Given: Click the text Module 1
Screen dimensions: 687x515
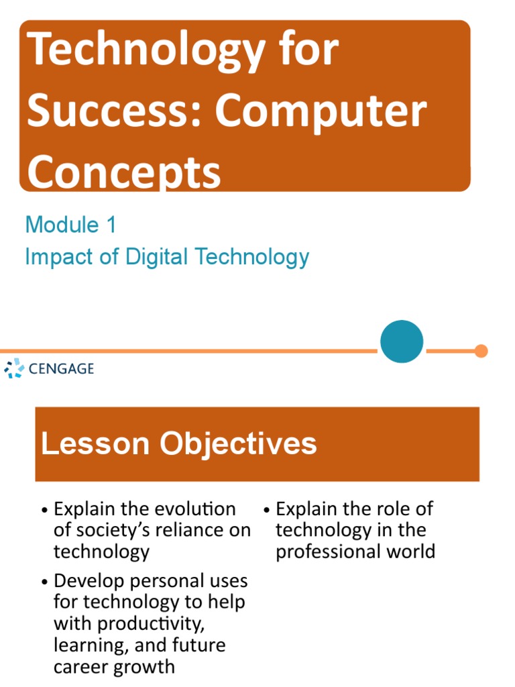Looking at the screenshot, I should coord(70,225).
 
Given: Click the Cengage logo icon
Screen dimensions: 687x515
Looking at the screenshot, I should coord(13,368).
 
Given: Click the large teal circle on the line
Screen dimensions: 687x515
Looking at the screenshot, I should coord(402,342).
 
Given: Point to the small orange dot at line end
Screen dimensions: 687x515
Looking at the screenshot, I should coord(481,351).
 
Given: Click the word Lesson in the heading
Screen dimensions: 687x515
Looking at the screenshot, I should coord(95,444).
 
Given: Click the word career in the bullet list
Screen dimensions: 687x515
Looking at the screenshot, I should coord(80,667).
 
